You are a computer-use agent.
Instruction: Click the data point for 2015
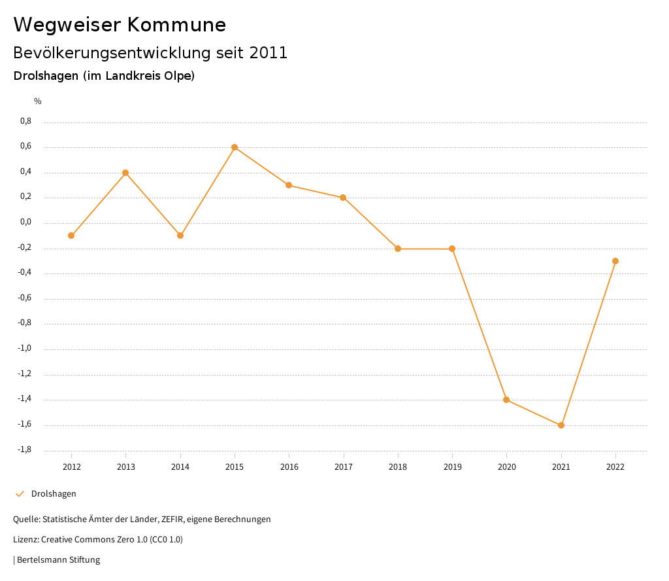(235, 147)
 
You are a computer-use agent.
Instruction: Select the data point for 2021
(561, 425)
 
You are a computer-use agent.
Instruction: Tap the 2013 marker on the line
(125, 173)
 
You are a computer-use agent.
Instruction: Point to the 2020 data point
(506, 400)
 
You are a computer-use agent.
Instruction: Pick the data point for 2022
(615, 261)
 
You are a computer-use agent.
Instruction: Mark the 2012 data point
(71, 236)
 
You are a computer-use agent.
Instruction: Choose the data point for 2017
(343, 198)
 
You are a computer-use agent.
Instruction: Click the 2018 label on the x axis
(398, 467)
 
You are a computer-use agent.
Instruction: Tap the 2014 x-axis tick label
(180, 467)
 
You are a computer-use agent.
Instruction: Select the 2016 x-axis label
(289, 467)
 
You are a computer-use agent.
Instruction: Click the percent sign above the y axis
(38, 101)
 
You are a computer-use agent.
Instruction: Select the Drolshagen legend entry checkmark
(20, 494)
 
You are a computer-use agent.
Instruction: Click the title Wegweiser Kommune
(120, 25)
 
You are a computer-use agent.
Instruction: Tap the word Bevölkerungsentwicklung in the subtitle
(109, 53)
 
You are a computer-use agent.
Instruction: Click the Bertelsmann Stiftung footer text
(58, 560)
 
